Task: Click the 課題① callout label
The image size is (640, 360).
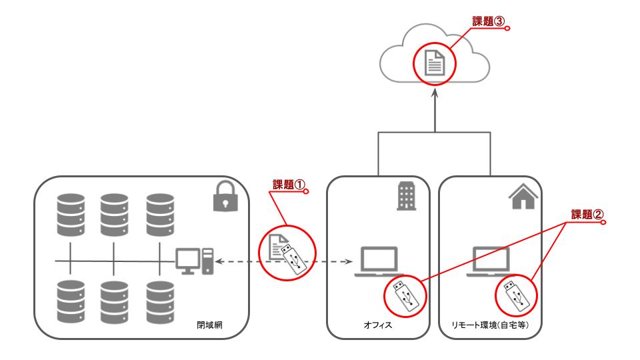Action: (x=289, y=185)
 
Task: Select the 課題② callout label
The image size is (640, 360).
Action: (x=587, y=215)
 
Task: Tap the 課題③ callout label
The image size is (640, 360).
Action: (x=489, y=21)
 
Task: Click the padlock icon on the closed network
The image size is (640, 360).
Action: (x=226, y=196)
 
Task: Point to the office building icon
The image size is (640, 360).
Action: (x=407, y=196)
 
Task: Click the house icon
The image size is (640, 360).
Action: (x=523, y=196)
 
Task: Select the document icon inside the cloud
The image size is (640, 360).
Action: (x=434, y=63)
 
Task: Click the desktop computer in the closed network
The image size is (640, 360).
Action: (x=195, y=261)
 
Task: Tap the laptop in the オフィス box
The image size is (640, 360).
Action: (x=379, y=261)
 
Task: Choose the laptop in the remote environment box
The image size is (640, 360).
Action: (x=491, y=261)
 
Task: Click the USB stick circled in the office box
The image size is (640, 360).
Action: (x=405, y=297)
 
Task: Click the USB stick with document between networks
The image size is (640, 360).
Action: (x=287, y=253)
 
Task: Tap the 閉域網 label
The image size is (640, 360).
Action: (x=209, y=325)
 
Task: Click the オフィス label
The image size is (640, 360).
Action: (x=378, y=325)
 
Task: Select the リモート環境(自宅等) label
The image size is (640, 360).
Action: (x=490, y=325)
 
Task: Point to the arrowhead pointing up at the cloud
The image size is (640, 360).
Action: (x=435, y=93)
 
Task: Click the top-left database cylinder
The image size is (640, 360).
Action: (x=71, y=215)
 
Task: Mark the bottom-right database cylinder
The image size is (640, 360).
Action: (x=160, y=302)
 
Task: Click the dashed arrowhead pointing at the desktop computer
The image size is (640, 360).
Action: (x=219, y=261)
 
